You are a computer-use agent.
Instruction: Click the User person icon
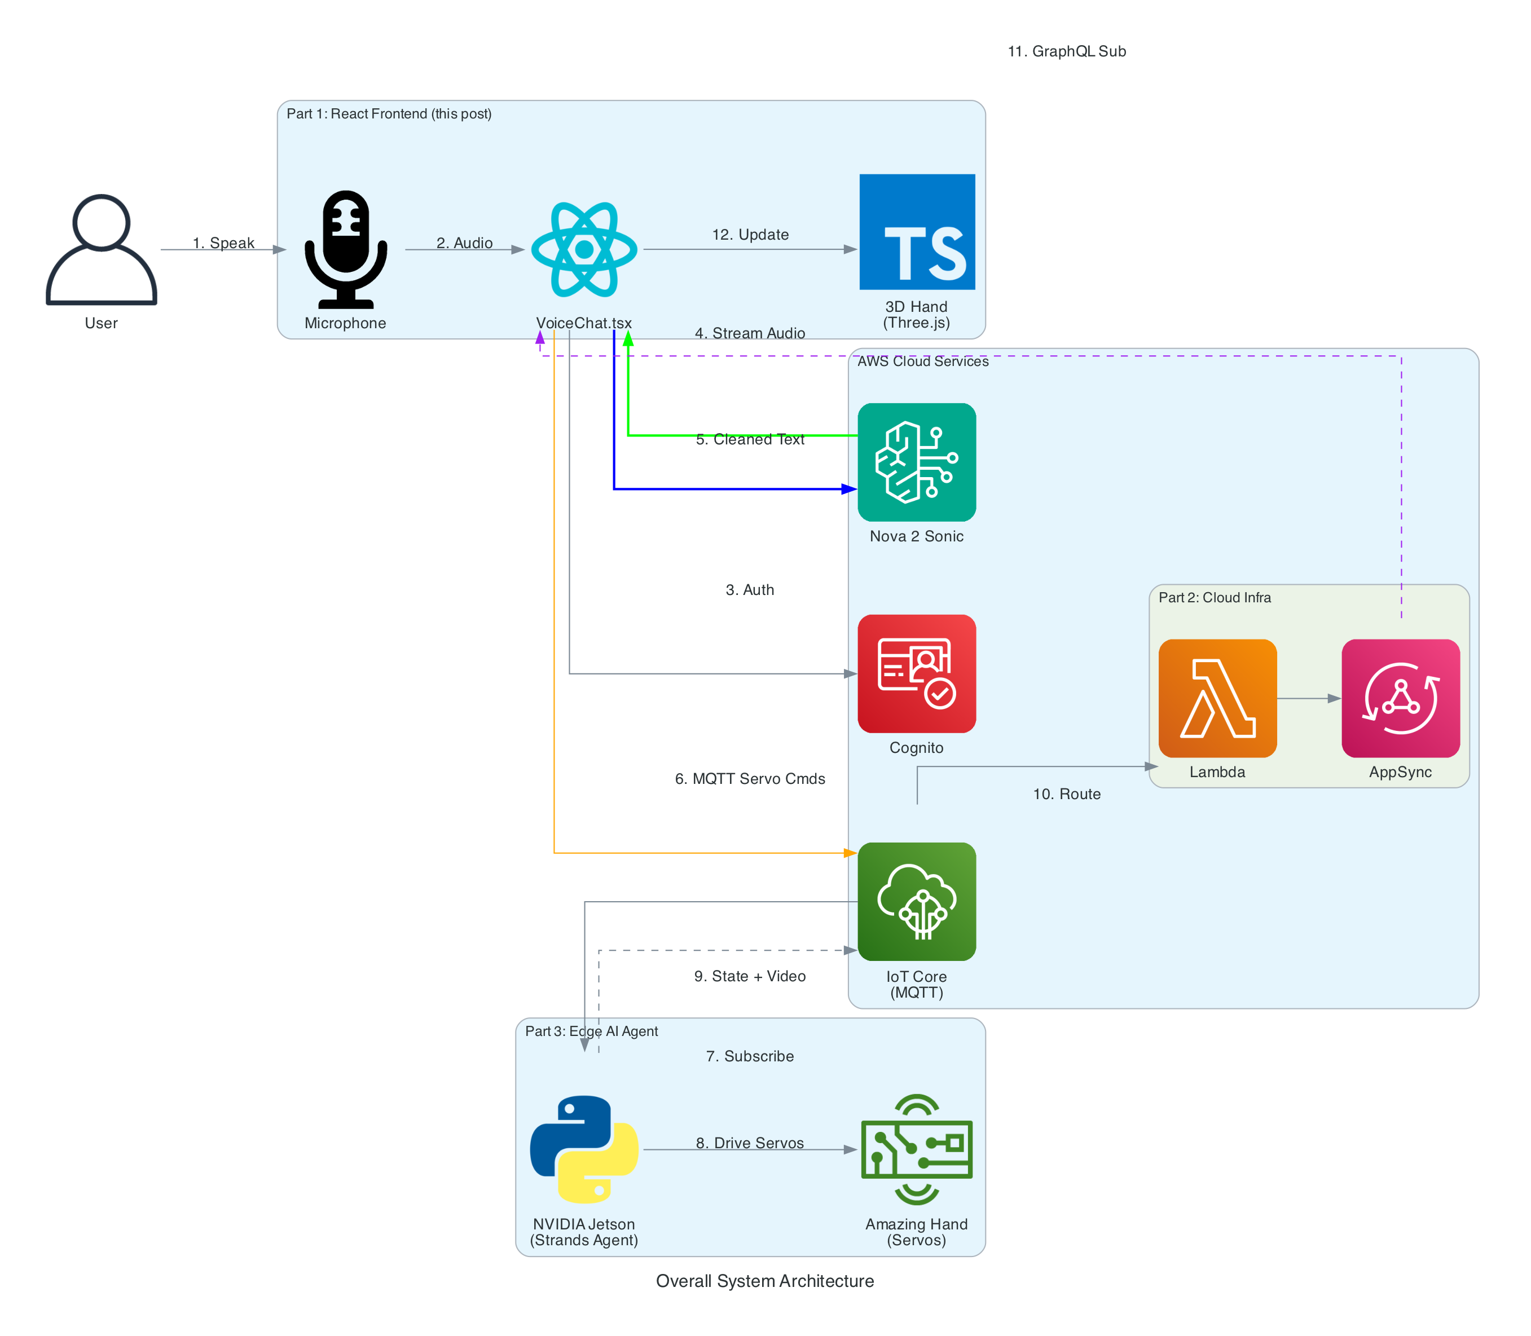(x=102, y=250)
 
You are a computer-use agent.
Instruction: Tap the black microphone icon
(x=345, y=250)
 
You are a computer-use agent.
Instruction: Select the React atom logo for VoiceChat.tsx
(x=584, y=250)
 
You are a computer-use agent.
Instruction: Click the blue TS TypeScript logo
(x=917, y=232)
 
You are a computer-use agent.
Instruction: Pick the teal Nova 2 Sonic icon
(x=917, y=462)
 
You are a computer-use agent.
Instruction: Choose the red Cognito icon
(x=917, y=673)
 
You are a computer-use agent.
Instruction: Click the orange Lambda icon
(x=1217, y=698)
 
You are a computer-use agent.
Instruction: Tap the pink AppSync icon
(x=1400, y=698)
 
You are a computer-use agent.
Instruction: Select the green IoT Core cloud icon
(x=917, y=901)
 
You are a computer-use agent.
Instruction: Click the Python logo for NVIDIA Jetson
(x=584, y=1149)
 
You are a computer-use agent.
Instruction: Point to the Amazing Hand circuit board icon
(x=917, y=1149)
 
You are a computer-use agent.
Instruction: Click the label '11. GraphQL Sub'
(x=1066, y=51)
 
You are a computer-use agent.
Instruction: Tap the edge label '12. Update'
(x=750, y=235)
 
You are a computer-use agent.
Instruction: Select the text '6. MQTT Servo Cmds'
(x=750, y=779)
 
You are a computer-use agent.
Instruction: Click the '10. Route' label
(x=1066, y=794)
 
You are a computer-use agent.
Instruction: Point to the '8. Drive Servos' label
(x=750, y=1143)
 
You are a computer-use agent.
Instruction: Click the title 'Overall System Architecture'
(x=764, y=1281)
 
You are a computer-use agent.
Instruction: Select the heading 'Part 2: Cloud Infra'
(x=1214, y=597)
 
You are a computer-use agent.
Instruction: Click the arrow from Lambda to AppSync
(x=1309, y=699)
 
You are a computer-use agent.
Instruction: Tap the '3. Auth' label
(x=750, y=590)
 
